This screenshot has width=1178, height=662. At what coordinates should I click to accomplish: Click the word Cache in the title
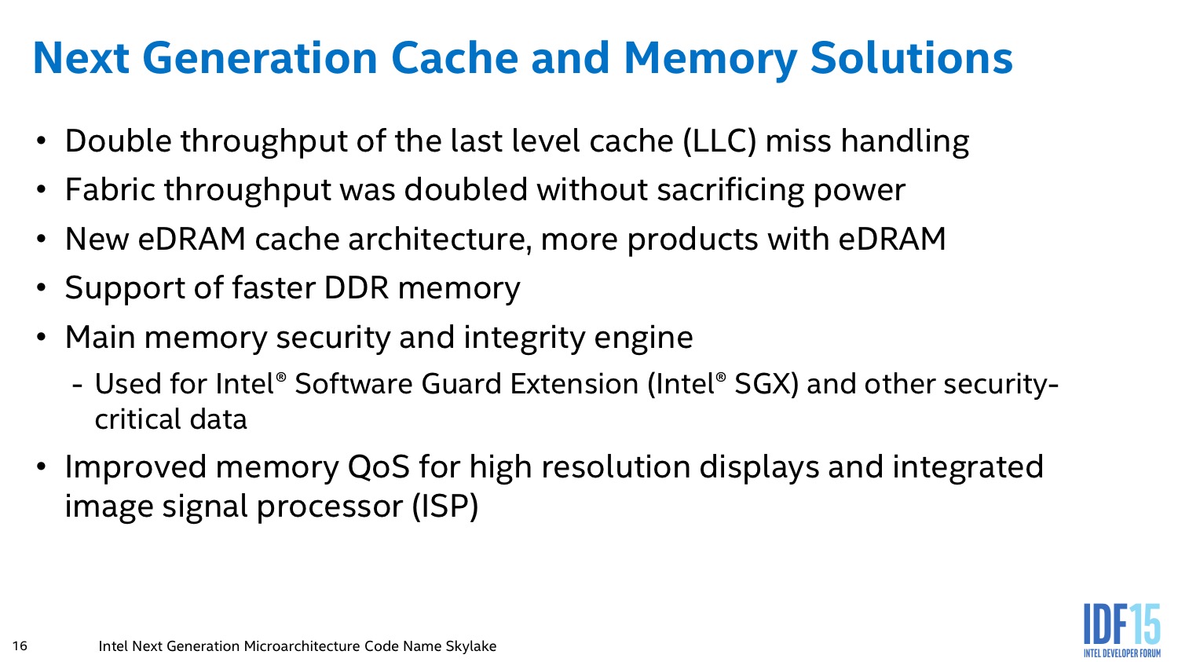pyautogui.click(x=455, y=58)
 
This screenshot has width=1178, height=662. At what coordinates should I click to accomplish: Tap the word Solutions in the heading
pyautogui.click(x=911, y=58)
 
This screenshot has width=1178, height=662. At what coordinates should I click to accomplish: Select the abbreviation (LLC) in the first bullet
pyautogui.click(x=719, y=141)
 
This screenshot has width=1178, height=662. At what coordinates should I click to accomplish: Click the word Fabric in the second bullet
pyautogui.click(x=110, y=189)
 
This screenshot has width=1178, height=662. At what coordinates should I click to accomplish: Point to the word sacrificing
pyautogui.click(x=730, y=190)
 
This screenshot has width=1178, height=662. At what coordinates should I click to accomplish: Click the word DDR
pyautogui.click(x=356, y=287)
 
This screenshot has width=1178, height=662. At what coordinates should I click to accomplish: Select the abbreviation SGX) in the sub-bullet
pyautogui.click(x=766, y=384)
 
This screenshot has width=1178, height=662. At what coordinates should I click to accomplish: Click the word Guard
pyautogui.click(x=461, y=384)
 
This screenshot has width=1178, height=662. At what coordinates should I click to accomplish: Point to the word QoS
pyautogui.click(x=378, y=467)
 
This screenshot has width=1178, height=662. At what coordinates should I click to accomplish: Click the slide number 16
pyautogui.click(x=20, y=646)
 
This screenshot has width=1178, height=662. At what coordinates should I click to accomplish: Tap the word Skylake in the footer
pyautogui.click(x=470, y=646)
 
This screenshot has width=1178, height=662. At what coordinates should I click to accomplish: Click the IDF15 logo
pyautogui.click(x=1121, y=630)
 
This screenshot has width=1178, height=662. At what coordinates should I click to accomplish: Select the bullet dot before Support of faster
pyautogui.click(x=42, y=287)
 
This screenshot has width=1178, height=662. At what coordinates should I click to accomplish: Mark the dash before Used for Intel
pyautogui.click(x=77, y=386)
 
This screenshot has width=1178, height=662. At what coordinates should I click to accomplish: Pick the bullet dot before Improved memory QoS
pyautogui.click(x=42, y=467)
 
